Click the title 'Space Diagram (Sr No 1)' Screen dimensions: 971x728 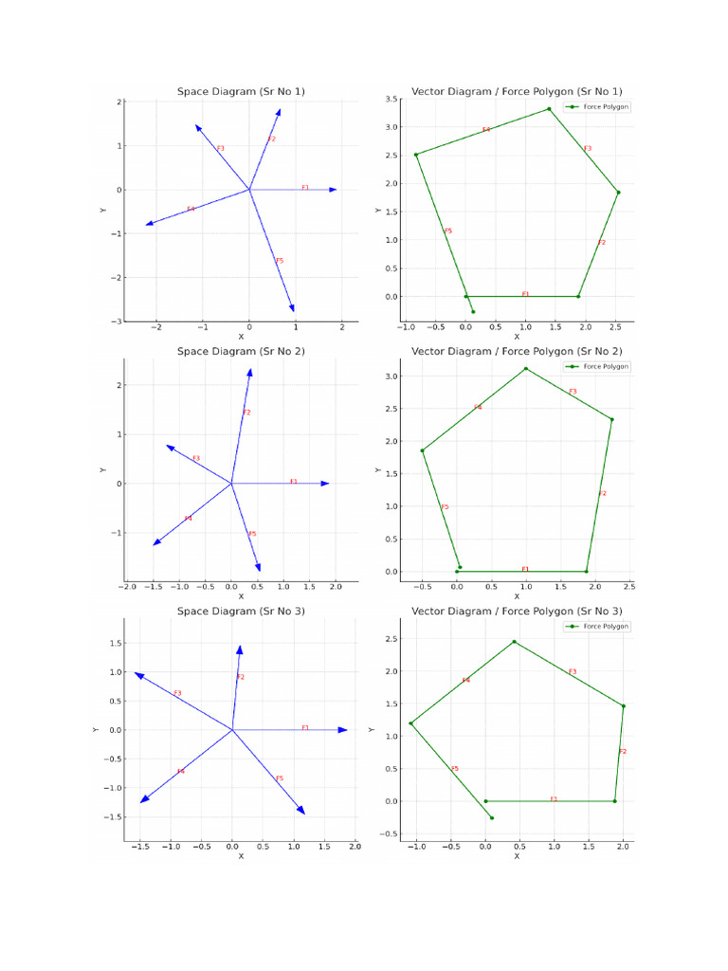click(x=241, y=91)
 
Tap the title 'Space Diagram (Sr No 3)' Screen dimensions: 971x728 click(x=241, y=611)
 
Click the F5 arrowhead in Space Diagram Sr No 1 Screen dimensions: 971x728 click(x=293, y=307)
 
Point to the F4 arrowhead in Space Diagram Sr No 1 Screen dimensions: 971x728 click(x=149, y=224)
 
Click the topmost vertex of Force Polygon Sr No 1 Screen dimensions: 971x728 click(x=549, y=109)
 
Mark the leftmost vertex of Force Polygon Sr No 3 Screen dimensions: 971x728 click(x=410, y=724)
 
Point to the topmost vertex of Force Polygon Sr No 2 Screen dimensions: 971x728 click(x=525, y=368)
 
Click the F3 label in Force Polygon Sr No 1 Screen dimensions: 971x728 click(x=588, y=149)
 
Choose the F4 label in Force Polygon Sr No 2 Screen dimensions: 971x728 click(x=478, y=408)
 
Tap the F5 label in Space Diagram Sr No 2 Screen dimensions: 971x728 click(x=253, y=534)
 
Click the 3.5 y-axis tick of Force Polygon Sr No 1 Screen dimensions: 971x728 click(x=391, y=99)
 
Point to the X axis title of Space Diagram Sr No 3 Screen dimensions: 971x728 click(x=241, y=855)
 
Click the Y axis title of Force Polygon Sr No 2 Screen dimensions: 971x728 click(x=378, y=469)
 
